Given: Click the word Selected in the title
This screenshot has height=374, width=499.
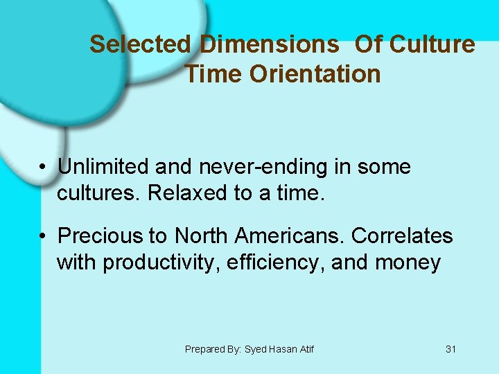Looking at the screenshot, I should click(140, 44).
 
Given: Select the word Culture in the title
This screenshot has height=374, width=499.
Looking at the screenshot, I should click(432, 44).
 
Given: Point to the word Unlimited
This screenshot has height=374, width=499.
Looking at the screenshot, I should click(103, 167).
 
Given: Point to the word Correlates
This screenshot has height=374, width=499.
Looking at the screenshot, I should click(402, 236).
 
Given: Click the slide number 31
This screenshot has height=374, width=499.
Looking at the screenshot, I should click(450, 350).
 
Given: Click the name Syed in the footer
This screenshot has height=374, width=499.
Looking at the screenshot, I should click(258, 350).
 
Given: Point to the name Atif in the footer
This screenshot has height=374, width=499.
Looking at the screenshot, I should click(305, 350).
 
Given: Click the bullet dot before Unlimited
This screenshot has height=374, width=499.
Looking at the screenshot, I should click(43, 168).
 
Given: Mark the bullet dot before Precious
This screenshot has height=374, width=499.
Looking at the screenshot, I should click(43, 237).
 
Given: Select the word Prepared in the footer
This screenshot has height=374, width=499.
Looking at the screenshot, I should click(204, 350).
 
